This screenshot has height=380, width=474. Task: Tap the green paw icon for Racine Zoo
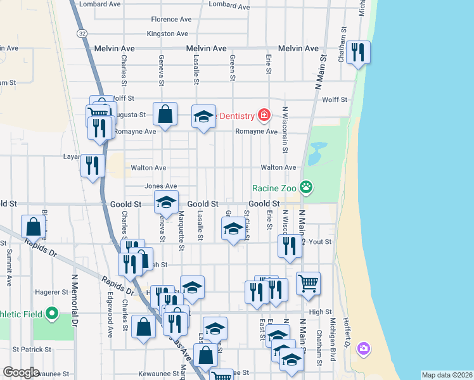point(307,187)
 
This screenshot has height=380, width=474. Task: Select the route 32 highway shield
point(83,32)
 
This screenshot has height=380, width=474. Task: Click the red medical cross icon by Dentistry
point(264,115)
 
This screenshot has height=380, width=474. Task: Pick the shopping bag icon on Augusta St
point(165,115)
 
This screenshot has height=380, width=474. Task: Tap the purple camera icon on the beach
point(363,348)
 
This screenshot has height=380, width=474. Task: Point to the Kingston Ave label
point(167,34)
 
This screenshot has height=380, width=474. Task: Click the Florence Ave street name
point(171,20)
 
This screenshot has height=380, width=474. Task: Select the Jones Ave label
point(160,186)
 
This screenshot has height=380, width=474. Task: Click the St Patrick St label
point(31,349)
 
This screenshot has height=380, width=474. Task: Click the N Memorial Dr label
point(74,300)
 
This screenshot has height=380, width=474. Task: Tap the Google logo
point(21,372)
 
